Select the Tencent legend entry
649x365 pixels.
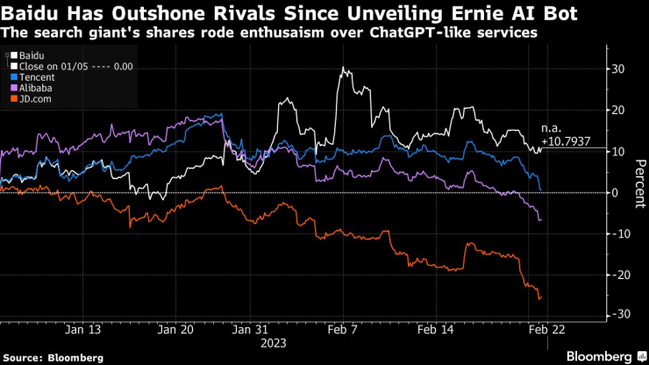point(32,77)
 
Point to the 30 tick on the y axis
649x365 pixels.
point(617,69)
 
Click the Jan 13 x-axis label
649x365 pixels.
point(82,332)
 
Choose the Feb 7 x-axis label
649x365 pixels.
point(342,332)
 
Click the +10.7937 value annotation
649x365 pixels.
point(567,140)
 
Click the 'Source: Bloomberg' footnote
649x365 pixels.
point(52,357)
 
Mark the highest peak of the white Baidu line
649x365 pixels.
point(344,68)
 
